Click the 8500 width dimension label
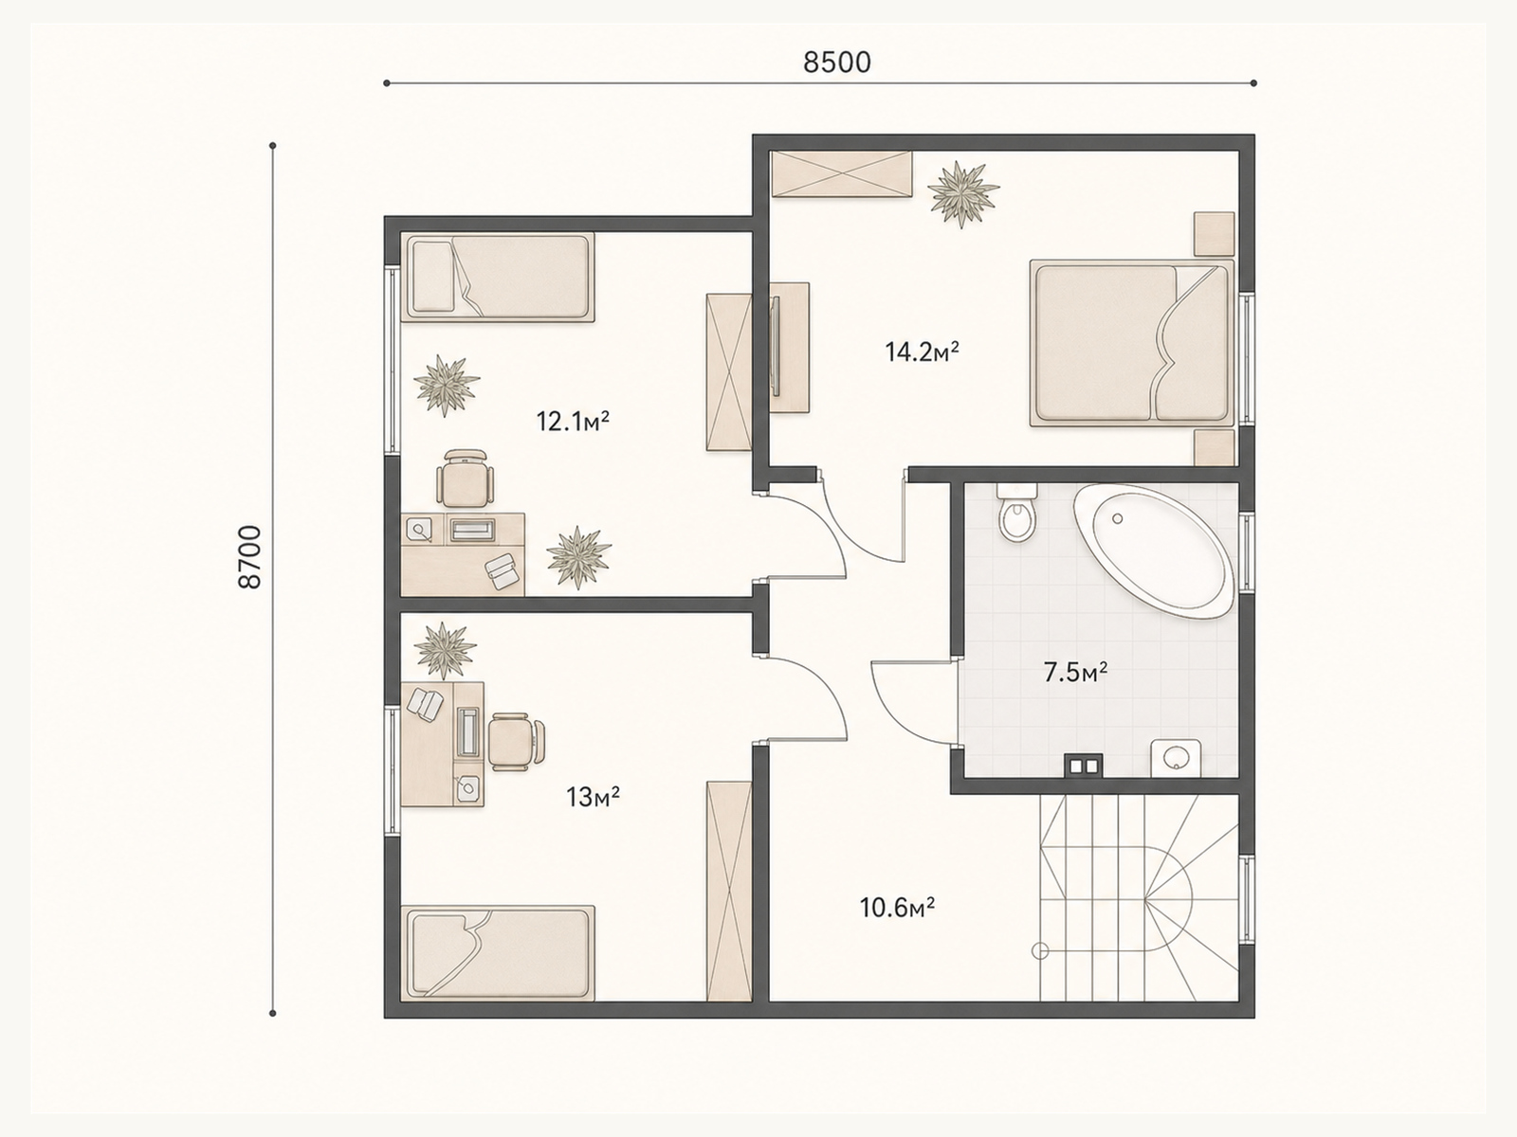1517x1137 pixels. point(837,63)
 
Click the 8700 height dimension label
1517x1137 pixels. point(249,557)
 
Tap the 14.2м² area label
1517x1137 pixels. point(922,352)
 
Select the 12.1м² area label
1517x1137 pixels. point(573,421)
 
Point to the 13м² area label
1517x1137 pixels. point(593,798)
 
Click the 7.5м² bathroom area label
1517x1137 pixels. point(1076,672)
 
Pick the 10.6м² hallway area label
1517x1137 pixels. point(897,907)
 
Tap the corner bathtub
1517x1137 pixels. point(1153,550)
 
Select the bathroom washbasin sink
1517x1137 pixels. point(1176,758)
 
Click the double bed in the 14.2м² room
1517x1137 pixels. point(1131,343)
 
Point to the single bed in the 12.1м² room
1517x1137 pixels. point(498,278)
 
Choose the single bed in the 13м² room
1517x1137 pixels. point(498,952)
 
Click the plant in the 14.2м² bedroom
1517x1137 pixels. point(962,194)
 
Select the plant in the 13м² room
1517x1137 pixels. point(445,650)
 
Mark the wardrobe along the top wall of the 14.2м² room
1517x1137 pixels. point(841,174)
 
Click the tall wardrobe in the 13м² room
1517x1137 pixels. point(728,891)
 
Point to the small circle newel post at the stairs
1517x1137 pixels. point(1040,951)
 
